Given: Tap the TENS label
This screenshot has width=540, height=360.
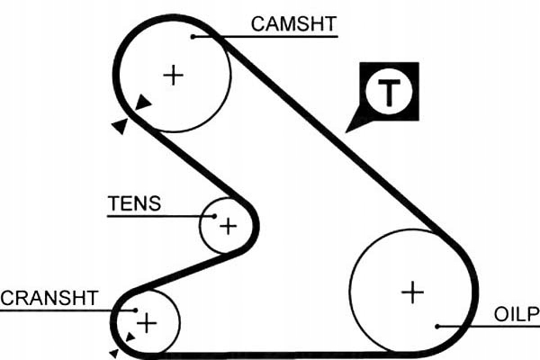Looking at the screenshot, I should click(134, 202).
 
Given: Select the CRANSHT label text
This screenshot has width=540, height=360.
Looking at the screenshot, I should click(49, 298).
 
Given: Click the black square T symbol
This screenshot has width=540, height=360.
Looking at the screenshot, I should click(388, 91).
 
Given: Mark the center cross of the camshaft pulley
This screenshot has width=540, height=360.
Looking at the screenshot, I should click(173, 75).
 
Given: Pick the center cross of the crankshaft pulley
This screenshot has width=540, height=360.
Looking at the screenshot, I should click(147, 322).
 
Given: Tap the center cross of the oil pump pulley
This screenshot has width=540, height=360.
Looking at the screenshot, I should click(412, 292).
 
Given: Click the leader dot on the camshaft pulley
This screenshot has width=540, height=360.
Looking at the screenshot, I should click(193, 37).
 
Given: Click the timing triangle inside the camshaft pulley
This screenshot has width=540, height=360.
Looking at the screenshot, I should click(144, 104).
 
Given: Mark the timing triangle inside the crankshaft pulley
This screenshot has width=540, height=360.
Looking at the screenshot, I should click(130, 337).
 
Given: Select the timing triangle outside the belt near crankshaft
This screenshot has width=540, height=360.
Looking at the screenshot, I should click(114, 353).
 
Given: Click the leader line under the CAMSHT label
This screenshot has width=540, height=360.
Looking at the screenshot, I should click(270, 37).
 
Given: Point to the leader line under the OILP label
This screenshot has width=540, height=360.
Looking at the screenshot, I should click(486, 326).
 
